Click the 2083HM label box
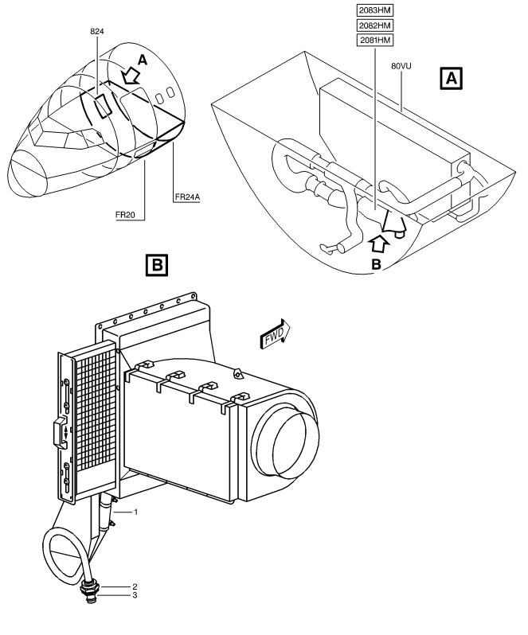click(x=375, y=10)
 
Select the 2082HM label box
click(x=375, y=25)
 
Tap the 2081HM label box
click(x=375, y=40)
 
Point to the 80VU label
click(x=401, y=65)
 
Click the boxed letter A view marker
click(x=451, y=79)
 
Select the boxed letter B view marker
click(x=157, y=265)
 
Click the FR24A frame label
click(x=188, y=197)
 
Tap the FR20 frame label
click(x=125, y=215)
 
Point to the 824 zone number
click(x=97, y=31)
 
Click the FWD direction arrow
click(x=275, y=334)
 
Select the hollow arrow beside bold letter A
click(x=131, y=76)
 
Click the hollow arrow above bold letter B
click(x=379, y=244)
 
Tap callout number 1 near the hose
click(x=136, y=512)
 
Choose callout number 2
click(x=135, y=586)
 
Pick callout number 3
click(x=135, y=595)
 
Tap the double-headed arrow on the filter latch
click(x=65, y=433)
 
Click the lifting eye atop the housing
click(x=238, y=373)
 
